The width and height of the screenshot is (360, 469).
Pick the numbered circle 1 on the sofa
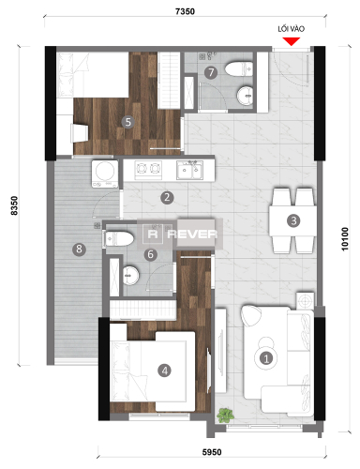point(265,356)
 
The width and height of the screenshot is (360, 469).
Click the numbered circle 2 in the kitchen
point(166,197)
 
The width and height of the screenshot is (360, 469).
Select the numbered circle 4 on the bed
point(165,370)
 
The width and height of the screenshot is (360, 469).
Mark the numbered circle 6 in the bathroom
point(149,254)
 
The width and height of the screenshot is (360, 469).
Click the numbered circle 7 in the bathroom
point(212,71)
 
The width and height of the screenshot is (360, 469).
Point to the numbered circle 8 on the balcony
point(53,249)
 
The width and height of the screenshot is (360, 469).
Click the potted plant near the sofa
point(225,414)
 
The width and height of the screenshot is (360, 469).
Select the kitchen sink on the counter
point(191,170)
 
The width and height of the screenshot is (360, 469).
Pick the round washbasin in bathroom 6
point(131,274)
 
